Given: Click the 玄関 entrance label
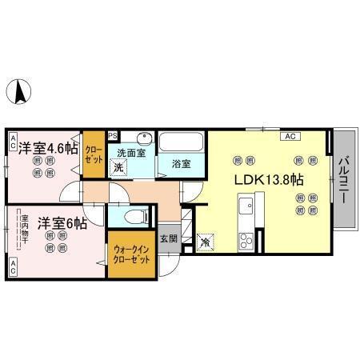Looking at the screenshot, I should [x=168, y=238].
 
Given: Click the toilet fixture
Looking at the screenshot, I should [x=136, y=215].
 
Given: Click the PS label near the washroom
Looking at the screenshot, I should [x=112, y=135].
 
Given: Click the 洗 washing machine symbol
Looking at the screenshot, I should [x=118, y=167].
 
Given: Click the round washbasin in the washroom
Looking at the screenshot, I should [x=145, y=137].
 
